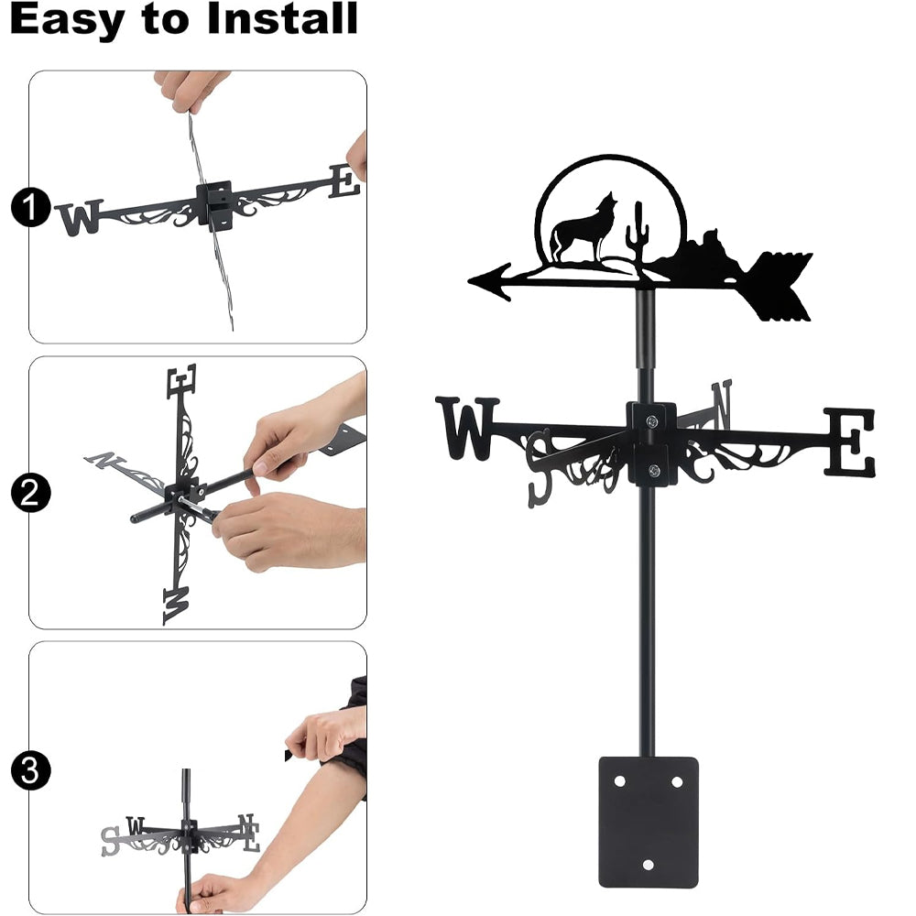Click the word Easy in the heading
[x=67, y=20]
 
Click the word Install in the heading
[x=281, y=18]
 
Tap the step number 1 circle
[x=30, y=207]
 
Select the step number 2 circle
[x=30, y=493]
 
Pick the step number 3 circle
[x=30, y=770]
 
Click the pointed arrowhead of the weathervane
[x=491, y=281]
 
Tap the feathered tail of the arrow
[x=780, y=286]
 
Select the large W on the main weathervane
[x=467, y=428]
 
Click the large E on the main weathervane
[x=850, y=442]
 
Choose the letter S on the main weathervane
[x=539, y=468]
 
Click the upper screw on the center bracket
[x=652, y=420]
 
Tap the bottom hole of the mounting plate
[x=648, y=865]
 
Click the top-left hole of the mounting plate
[x=619, y=781]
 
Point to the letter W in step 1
[x=80, y=217]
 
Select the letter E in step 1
[x=344, y=180]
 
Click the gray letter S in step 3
[x=111, y=841]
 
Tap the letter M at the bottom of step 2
[x=176, y=605]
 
